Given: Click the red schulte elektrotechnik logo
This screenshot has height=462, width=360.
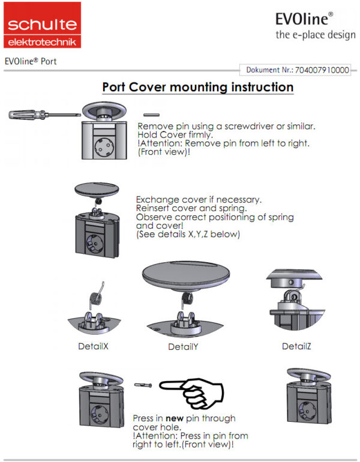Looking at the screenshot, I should coord(41,25).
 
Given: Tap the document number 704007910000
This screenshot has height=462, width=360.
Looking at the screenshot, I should coord(321,70).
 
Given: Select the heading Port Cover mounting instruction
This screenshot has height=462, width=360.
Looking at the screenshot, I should coord(197,87).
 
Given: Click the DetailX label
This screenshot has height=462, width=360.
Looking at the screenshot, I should coord(93,346).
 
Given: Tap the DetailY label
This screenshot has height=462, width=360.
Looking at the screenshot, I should coord(183,347).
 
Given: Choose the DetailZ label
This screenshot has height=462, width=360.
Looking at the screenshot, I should coord(296,346).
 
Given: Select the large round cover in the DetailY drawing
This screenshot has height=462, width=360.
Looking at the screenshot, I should coord(183,278).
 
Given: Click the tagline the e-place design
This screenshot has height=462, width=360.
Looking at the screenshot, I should coord(316,35).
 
